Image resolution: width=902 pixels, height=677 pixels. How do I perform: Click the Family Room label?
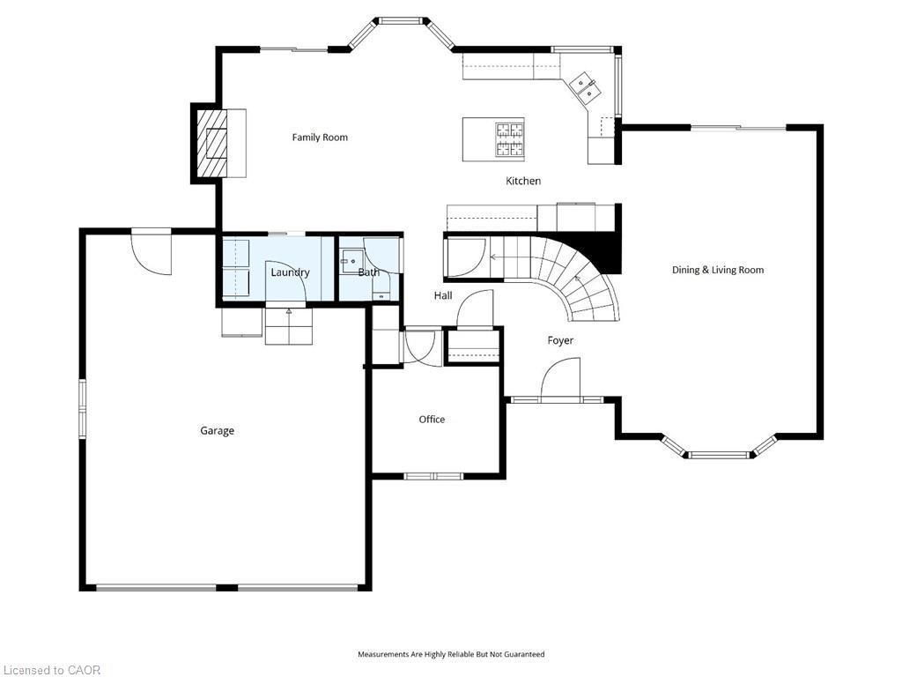click(x=320, y=138)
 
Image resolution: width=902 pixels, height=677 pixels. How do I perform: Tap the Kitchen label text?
click(x=522, y=181)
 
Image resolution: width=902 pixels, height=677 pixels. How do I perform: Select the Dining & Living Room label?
click(x=717, y=270)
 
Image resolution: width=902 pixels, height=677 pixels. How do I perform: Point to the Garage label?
click(x=217, y=431)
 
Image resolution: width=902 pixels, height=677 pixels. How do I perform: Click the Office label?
click(x=432, y=420)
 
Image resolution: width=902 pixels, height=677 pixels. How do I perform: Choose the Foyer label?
click(x=560, y=340)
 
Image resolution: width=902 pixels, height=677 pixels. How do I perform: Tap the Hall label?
click(x=443, y=295)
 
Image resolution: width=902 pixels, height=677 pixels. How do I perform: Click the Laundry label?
click(x=290, y=272)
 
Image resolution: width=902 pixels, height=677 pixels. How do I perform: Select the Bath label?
click(x=368, y=272)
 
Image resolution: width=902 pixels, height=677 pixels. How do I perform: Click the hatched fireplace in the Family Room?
click(x=211, y=144)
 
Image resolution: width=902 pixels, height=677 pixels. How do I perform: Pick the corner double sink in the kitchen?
click(x=584, y=86)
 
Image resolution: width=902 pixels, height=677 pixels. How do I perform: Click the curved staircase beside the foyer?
click(x=573, y=273)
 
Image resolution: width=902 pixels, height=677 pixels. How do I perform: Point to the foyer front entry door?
click(x=560, y=379)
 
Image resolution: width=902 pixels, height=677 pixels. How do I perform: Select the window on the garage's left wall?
click(x=83, y=408)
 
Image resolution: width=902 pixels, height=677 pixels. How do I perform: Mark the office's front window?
click(x=433, y=476)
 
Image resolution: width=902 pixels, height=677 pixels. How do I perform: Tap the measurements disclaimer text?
click(x=450, y=654)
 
